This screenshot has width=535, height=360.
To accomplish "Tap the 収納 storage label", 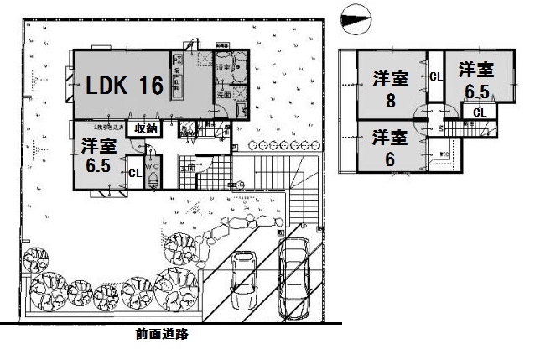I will point(146,128).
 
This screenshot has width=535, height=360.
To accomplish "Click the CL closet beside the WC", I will point(134,174).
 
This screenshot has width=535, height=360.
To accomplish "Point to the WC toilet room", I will point(152,168).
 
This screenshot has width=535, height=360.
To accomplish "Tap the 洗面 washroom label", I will point(223,95).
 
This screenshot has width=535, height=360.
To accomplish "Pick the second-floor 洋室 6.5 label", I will point(474,79).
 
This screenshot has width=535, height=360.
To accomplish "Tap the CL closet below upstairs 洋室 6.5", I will point(479,112).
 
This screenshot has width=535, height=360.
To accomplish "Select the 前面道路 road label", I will point(161,335).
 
